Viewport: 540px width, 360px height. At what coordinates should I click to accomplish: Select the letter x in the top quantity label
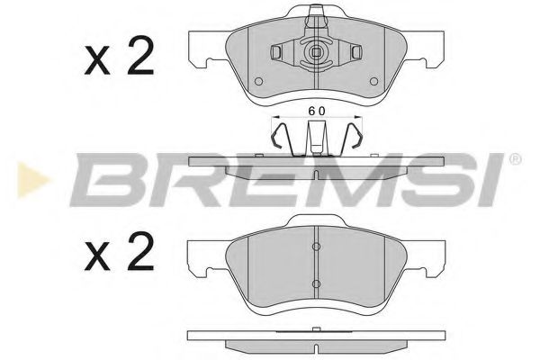[x=96, y=61]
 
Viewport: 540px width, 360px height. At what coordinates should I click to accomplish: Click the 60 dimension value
[x=316, y=110]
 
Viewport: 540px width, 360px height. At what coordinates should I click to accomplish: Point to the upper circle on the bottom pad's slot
[x=316, y=248]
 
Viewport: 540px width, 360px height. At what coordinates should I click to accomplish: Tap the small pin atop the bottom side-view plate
[x=316, y=329]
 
